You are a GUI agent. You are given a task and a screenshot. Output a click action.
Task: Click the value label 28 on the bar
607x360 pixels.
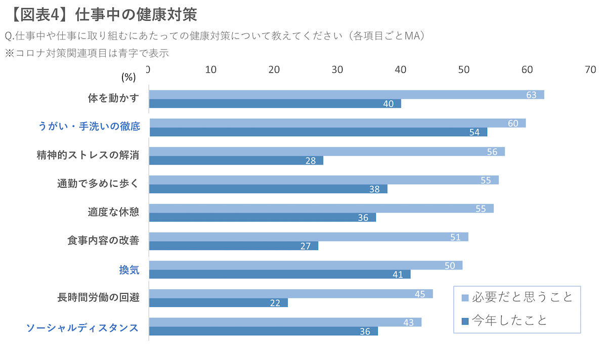coord(311,161)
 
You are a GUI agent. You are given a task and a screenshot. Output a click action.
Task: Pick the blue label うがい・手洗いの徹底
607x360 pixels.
coord(89,126)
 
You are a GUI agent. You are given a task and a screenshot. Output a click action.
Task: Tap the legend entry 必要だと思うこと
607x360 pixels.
coord(522,297)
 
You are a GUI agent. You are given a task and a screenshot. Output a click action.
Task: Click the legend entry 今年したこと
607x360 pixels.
coord(509,320)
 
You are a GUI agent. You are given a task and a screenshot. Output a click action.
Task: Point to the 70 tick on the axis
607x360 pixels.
coord(590,70)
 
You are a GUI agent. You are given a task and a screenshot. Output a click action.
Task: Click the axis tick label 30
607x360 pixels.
coord(337,70)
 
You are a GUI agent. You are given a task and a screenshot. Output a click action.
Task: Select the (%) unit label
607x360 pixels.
coord(128,77)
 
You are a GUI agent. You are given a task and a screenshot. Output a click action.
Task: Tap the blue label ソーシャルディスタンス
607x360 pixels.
coord(82,328)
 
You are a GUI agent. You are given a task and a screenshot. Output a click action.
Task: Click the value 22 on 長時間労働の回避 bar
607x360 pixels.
coord(275,303)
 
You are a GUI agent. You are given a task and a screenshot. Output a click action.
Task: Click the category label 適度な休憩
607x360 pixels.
coord(113,212)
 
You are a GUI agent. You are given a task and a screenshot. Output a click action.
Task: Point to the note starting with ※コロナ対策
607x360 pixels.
coord(86,53)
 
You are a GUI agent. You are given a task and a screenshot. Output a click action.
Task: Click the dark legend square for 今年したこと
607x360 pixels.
coord(465,321)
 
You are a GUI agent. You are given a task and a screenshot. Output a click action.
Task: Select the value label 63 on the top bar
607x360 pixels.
coord(531,95)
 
